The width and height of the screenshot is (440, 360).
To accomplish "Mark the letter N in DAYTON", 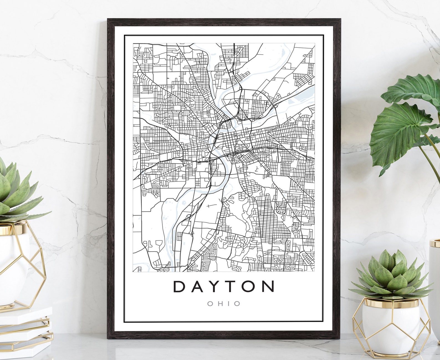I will click(268, 287).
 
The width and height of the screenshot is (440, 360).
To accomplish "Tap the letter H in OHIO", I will click(219, 304).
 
